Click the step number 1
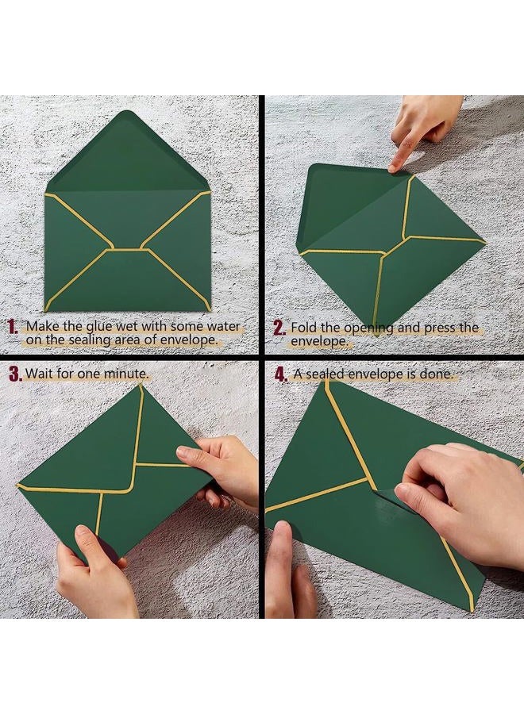click(x=13, y=327)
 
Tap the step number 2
click(x=279, y=328)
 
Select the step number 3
click(x=16, y=374)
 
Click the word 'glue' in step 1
click(x=99, y=327)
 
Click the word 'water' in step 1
click(x=223, y=327)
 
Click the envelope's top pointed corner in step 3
click(x=140, y=386)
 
